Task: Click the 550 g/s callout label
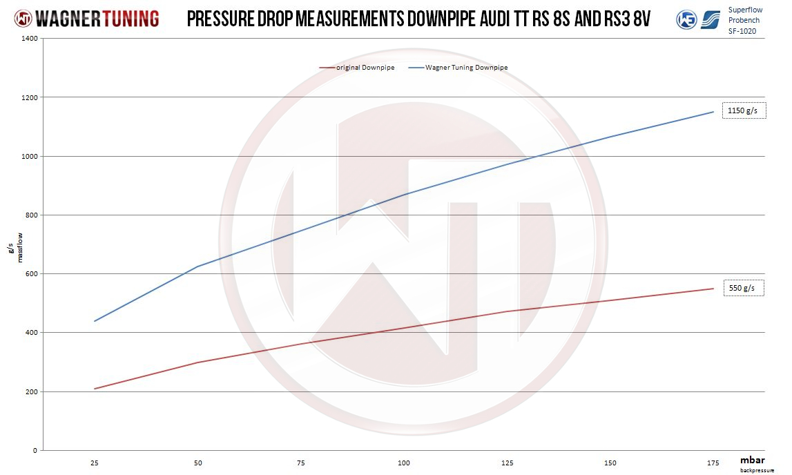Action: pyautogui.click(x=744, y=288)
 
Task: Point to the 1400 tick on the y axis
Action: pyautogui.click(x=28, y=39)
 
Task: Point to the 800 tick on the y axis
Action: pyautogui.click(x=31, y=215)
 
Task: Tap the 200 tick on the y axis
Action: pyautogui.click(x=31, y=391)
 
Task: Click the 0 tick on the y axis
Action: pyautogui.click(x=35, y=450)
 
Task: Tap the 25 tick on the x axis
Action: pyautogui.click(x=95, y=462)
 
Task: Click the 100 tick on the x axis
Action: pyautogui.click(x=404, y=462)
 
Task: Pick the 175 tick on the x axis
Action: pyautogui.click(x=713, y=462)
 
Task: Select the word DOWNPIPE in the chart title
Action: pyautogui.click(x=447, y=19)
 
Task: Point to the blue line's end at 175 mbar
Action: pyautogui.click(x=713, y=112)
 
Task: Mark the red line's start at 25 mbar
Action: pyautogui.click(x=95, y=389)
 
